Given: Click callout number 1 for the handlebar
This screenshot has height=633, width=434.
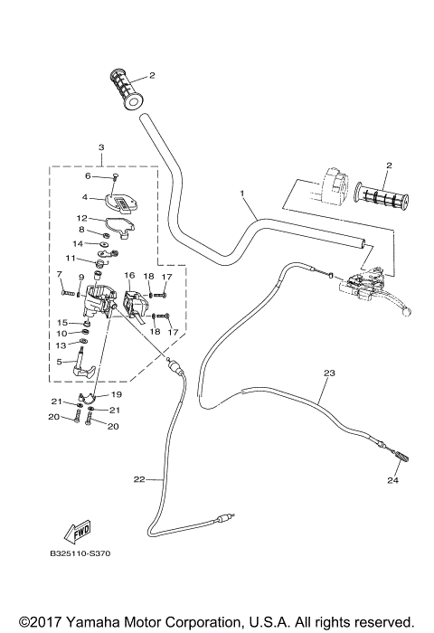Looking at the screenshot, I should click(x=242, y=194).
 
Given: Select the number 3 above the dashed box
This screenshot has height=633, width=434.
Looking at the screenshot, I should click(x=101, y=147).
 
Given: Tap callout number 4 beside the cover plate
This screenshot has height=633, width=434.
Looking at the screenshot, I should click(x=84, y=196).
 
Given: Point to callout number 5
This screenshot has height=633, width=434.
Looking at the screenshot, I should click(x=60, y=362).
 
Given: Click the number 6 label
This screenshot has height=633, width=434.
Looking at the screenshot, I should click(x=88, y=176).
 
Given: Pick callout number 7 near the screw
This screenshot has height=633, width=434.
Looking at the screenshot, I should click(x=60, y=273).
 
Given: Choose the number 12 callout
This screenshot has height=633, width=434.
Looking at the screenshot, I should click(x=80, y=218).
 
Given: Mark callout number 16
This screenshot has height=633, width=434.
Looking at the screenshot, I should click(x=129, y=274).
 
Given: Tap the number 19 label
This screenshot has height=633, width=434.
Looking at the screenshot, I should click(x=118, y=394).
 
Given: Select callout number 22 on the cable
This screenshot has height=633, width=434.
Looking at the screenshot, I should click(x=138, y=480).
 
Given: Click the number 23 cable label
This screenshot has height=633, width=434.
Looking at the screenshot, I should click(x=328, y=373).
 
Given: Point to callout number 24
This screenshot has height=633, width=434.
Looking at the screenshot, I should click(x=393, y=480).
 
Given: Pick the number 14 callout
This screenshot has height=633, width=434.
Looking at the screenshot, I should click(x=77, y=244).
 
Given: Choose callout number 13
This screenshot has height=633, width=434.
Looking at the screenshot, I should click(x=60, y=345).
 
